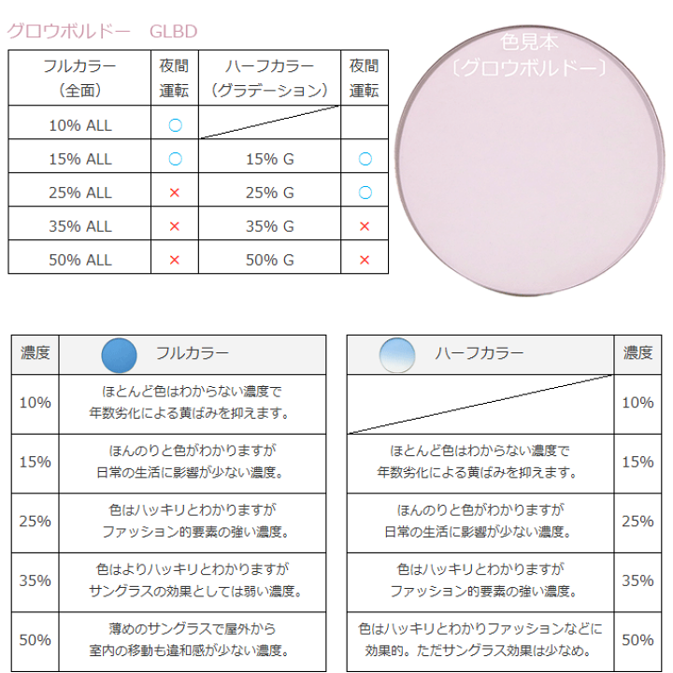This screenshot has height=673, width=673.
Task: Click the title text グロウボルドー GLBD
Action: click(103, 31)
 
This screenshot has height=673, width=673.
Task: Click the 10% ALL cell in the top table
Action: click(79, 124)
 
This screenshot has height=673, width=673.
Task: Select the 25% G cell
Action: click(270, 193)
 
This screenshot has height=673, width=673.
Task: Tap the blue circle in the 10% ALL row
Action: click(175, 124)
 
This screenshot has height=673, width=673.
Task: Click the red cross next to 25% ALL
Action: click(175, 193)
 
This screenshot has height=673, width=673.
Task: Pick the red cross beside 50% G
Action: click(365, 260)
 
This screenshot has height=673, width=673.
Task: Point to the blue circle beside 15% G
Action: click(365, 159)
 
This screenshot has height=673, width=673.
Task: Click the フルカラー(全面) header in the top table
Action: click(79, 79)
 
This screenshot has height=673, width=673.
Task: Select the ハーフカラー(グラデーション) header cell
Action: click(270, 79)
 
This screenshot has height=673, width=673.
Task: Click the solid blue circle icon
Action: click(119, 355)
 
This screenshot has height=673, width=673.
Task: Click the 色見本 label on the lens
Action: click(529, 42)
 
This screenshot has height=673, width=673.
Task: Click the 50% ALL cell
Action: click(79, 260)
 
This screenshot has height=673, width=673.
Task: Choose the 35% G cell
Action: click(270, 226)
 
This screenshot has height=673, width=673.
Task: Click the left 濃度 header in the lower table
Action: click(36, 353)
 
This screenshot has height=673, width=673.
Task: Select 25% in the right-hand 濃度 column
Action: click(637, 521)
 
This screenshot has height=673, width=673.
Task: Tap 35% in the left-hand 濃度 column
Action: click(36, 580)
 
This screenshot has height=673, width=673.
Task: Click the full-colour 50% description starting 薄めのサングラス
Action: click(195, 639)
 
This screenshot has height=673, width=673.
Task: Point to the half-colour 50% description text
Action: click(480, 639)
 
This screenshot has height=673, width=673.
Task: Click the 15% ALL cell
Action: click(79, 159)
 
